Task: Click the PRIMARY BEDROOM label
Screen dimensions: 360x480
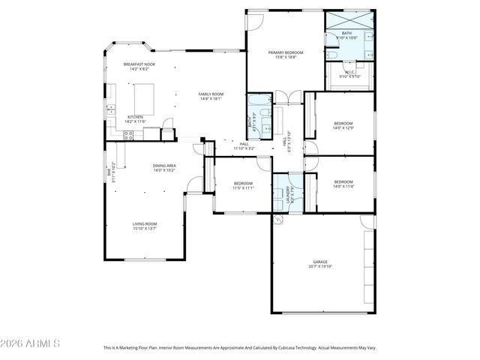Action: pos(284,52)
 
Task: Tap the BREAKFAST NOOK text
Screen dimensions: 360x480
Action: pos(139,65)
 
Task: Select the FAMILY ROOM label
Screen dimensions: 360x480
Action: pos(211,94)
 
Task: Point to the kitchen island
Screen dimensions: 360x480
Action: pos(143,99)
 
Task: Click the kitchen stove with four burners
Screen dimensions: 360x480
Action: pos(127,135)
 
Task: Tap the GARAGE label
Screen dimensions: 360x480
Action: pos(319,262)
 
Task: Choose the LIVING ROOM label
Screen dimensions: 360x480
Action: pos(145,223)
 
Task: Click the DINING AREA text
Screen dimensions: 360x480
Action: pos(164,166)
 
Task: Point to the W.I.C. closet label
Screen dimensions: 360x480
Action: pos(349,72)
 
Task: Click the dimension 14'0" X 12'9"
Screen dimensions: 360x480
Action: pos(343,127)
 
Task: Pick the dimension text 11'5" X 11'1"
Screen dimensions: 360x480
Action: pos(243,188)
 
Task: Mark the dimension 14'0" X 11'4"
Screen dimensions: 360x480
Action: pos(343,187)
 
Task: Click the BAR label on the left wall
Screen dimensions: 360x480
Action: pos(109,172)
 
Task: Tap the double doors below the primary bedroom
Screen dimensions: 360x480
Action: pos(282,96)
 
